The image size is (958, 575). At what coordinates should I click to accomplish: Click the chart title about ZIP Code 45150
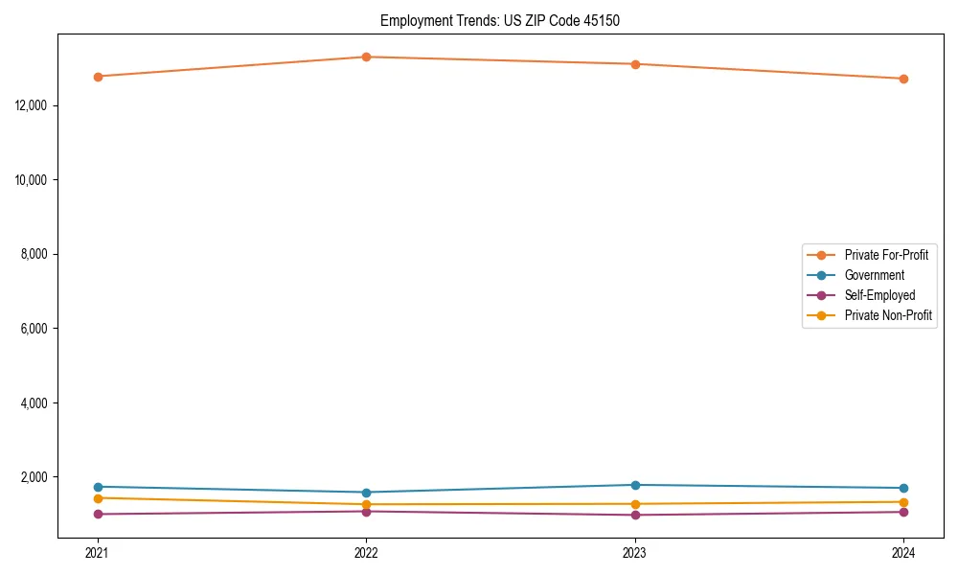tap(499, 20)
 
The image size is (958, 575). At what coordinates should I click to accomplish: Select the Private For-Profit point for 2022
tap(366, 57)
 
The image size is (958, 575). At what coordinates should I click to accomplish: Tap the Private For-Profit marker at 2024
tap(903, 79)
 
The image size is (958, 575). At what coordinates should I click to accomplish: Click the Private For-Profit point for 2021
tap(98, 76)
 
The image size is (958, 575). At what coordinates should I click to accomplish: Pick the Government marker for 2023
tap(635, 485)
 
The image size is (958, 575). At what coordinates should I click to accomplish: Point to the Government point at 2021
tap(98, 487)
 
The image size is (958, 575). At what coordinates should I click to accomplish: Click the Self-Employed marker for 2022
tap(366, 511)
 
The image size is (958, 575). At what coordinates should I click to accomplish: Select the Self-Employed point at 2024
tap(903, 512)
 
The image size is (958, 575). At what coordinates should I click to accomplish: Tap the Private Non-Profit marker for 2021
tap(98, 498)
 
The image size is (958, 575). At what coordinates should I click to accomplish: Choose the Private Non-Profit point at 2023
tap(635, 504)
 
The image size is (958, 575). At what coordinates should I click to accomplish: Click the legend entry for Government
tap(874, 275)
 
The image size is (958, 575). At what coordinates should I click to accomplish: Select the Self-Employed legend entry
tap(879, 295)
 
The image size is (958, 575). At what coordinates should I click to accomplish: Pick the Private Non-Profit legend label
tap(888, 315)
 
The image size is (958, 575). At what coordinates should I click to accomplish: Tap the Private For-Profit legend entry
tap(885, 255)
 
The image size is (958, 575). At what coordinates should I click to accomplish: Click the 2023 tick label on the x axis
tap(635, 553)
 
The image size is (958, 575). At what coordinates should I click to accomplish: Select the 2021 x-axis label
tap(98, 553)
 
